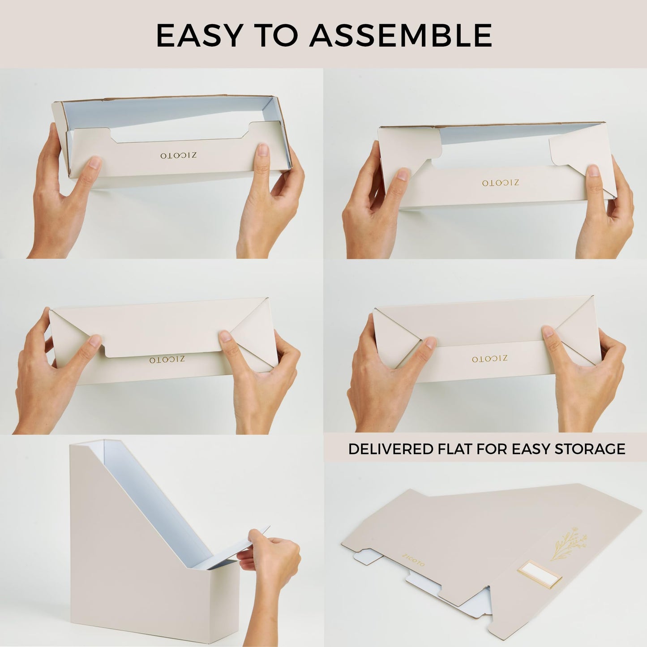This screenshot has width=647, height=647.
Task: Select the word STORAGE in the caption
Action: click(590, 449)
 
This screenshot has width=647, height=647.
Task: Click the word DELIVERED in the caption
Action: click(390, 449)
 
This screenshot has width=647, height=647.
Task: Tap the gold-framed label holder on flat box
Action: click(540, 575)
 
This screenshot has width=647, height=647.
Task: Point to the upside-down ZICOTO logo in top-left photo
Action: click(178, 156)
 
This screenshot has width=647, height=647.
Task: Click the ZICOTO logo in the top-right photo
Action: click(501, 183)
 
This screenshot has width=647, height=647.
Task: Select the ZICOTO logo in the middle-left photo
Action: click(167, 360)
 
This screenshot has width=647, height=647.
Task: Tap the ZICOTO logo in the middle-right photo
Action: click(489, 359)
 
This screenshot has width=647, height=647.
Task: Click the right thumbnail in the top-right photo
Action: click(593, 171)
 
